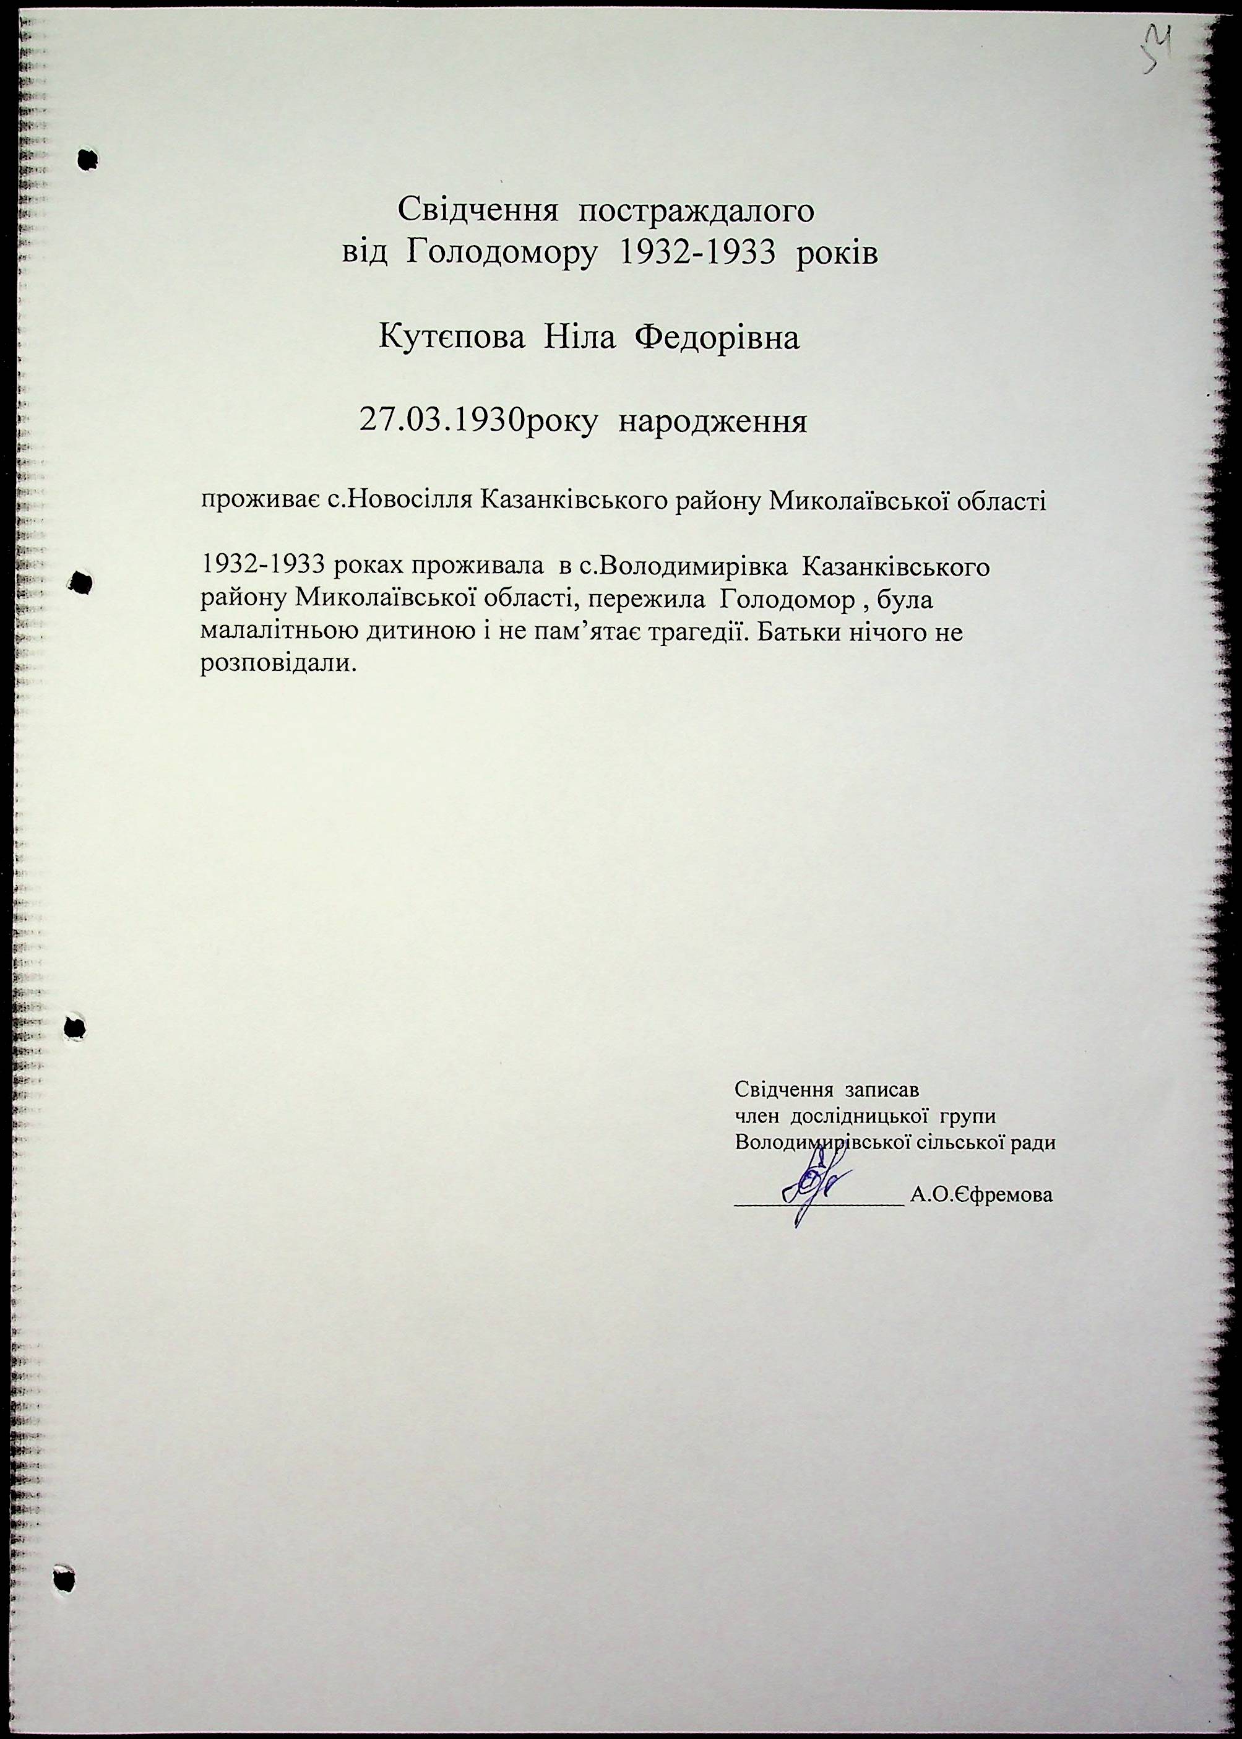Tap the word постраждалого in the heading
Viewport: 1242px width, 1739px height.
click(696, 211)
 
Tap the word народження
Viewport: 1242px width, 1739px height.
click(712, 422)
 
